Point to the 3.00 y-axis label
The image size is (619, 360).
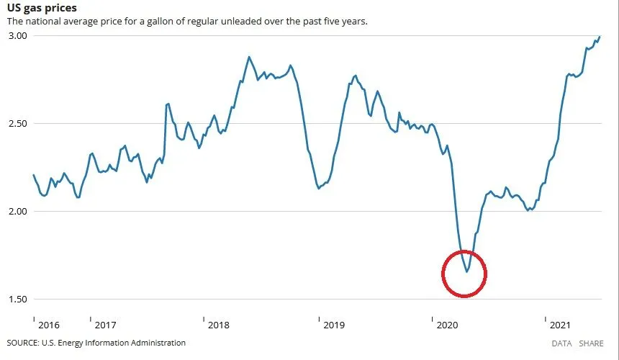point(17,35)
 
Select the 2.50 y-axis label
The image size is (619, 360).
point(17,123)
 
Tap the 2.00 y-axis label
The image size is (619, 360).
point(17,211)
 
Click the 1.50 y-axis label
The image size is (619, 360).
point(17,299)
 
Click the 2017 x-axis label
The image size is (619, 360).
point(105,325)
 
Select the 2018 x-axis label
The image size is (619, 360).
point(219,325)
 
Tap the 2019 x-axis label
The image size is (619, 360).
point(334,325)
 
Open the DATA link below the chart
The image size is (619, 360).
point(561,343)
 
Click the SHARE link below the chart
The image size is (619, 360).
point(592,343)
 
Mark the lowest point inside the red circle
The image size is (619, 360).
point(466,271)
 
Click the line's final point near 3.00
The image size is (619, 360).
point(600,37)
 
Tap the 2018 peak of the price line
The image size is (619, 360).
point(249,57)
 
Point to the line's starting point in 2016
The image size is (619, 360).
point(34,175)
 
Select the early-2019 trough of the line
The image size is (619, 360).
point(319,188)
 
